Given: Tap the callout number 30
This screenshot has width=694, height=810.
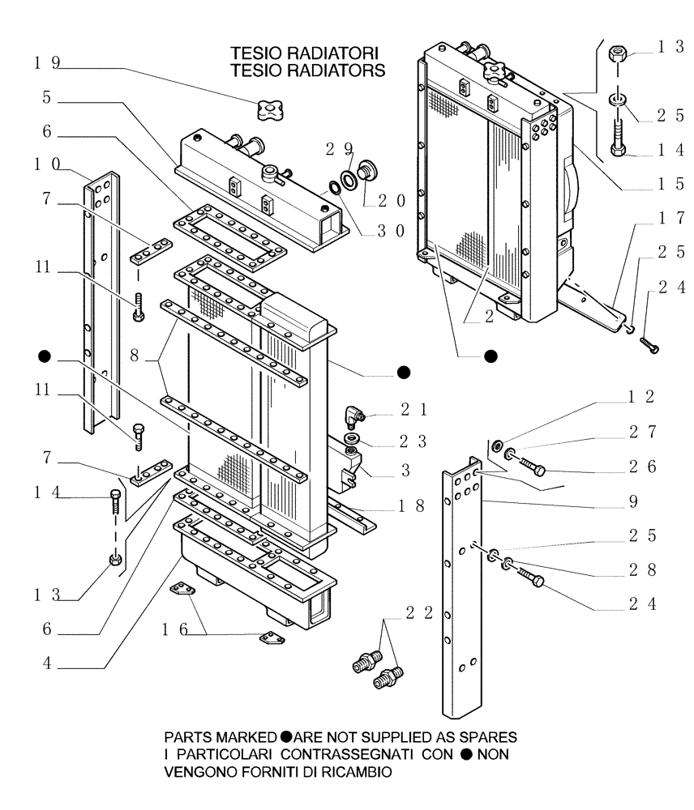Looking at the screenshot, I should pos(388,230).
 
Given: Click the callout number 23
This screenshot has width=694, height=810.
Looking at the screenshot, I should pos(413,444).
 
